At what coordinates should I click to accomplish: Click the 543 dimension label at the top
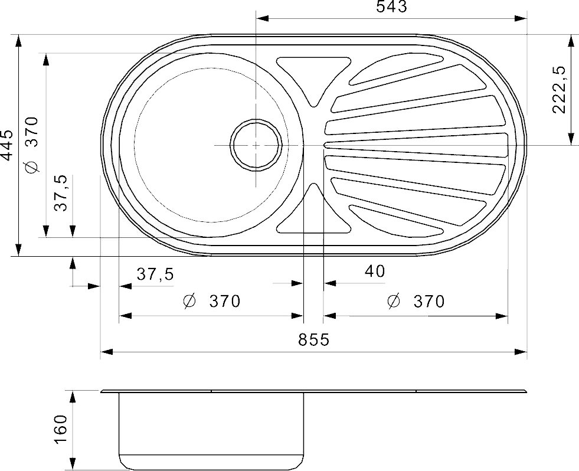coord(391,6)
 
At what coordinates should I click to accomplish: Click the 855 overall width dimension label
coord(313,339)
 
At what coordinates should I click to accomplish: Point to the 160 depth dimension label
coord(61,430)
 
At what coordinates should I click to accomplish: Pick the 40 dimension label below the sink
coord(375,271)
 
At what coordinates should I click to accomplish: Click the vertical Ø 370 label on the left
coord(31,145)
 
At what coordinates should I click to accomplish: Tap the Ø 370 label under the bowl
coord(211,301)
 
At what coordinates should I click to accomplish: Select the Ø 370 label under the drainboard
coord(416,302)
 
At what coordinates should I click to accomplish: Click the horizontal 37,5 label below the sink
coord(155,274)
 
